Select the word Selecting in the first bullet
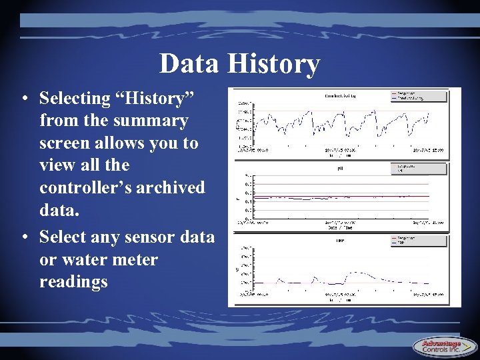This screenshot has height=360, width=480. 75,99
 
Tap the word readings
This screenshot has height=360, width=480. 73,281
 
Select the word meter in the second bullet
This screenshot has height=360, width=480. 133,259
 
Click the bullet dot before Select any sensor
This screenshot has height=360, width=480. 23,237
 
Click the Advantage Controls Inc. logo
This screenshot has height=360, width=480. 445,346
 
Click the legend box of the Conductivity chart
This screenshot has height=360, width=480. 419,97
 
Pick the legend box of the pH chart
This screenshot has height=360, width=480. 419,168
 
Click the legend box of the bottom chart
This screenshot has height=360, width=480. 419,240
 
